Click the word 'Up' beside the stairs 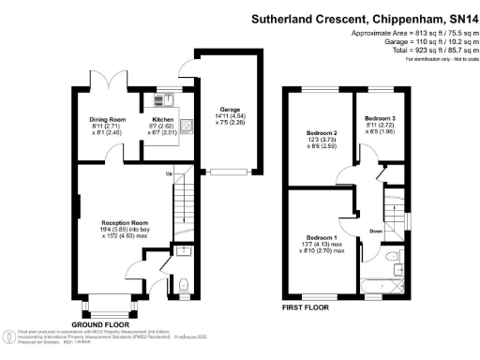(x=169, y=174)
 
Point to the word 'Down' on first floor (x=375, y=230)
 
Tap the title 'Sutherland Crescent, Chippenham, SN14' (x=366, y=19)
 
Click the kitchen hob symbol (x=184, y=123)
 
